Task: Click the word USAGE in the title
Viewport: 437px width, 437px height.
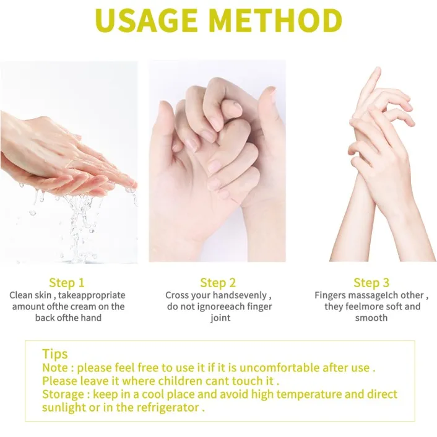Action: (x=146, y=20)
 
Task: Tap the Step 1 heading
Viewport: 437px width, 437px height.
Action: (x=67, y=283)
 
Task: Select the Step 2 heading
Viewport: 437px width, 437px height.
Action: (x=218, y=283)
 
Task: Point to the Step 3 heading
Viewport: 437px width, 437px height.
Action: (x=371, y=283)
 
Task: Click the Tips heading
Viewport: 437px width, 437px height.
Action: (x=55, y=354)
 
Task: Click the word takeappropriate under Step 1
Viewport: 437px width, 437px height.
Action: (x=92, y=295)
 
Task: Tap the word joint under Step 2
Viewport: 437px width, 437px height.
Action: (x=220, y=318)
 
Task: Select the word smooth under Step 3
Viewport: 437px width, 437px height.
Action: (x=371, y=318)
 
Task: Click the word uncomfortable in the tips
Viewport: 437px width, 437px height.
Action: (x=280, y=368)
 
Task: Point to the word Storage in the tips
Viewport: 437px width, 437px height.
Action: (x=63, y=395)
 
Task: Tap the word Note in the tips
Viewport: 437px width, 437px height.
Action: (x=55, y=368)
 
